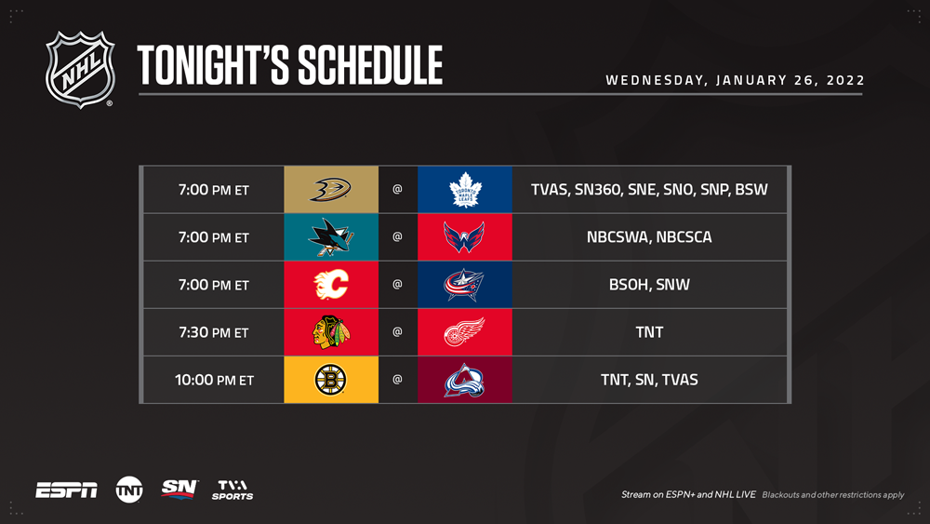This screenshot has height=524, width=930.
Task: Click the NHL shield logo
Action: click(80, 70)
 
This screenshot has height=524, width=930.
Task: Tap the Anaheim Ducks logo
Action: click(331, 190)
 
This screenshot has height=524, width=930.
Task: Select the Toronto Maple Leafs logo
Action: click(465, 190)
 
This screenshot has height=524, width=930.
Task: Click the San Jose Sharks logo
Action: click(331, 236)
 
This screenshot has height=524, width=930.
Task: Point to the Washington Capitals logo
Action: click(464, 236)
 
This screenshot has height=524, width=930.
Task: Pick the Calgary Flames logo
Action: click(331, 284)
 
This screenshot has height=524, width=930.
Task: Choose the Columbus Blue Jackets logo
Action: click(464, 285)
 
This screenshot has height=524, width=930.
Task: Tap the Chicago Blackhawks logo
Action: click(331, 331)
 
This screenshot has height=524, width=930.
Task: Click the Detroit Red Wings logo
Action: click(464, 331)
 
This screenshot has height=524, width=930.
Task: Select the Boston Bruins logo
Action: click(330, 380)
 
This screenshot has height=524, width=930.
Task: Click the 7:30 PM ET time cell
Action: click(214, 332)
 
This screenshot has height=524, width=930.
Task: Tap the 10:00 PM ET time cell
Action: click(214, 380)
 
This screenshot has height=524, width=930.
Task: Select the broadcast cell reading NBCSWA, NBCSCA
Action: click(649, 236)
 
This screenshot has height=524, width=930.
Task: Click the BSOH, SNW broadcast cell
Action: click(649, 284)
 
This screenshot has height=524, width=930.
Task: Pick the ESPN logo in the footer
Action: click(66, 490)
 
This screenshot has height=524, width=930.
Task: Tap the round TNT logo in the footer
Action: click(129, 490)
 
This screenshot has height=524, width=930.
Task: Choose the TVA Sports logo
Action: click(232, 490)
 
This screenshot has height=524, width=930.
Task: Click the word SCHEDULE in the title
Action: click(370, 65)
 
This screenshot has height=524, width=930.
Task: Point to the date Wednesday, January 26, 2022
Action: click(735, 80)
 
